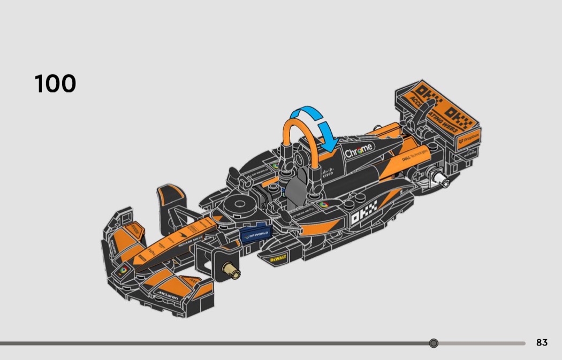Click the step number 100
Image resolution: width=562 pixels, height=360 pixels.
55,84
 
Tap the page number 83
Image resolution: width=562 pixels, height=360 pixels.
542,343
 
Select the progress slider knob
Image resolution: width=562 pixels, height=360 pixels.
434,343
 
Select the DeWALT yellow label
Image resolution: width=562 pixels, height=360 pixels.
278,258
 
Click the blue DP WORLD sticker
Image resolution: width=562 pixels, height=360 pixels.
255,234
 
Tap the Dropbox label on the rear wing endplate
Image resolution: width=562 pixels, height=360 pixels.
469,142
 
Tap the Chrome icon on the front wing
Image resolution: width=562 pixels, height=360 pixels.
123,270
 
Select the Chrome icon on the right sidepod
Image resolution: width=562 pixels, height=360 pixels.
323,204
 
